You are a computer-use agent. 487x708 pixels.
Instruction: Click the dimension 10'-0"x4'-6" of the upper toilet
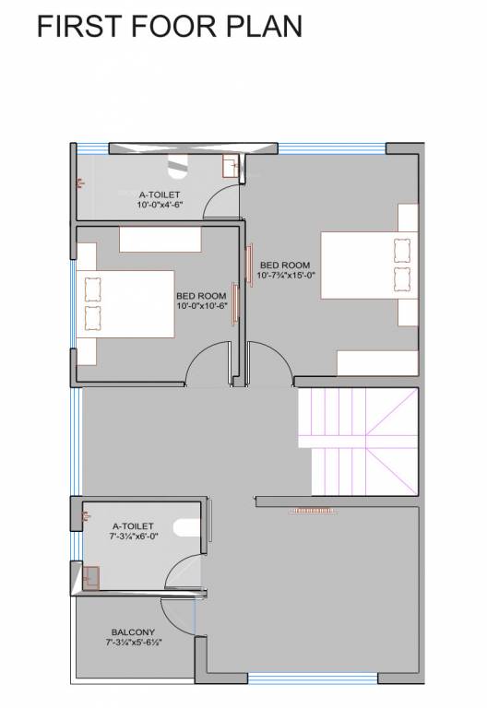tap(160, 206)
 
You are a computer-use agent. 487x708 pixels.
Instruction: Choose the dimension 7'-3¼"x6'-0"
tap(134, 535)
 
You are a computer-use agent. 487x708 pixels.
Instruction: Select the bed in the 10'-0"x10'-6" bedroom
tap(125, 303)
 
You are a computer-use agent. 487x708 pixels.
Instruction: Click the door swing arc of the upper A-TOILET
tap(220, 199)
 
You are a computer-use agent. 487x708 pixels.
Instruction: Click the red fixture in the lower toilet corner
tap(90, 577)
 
